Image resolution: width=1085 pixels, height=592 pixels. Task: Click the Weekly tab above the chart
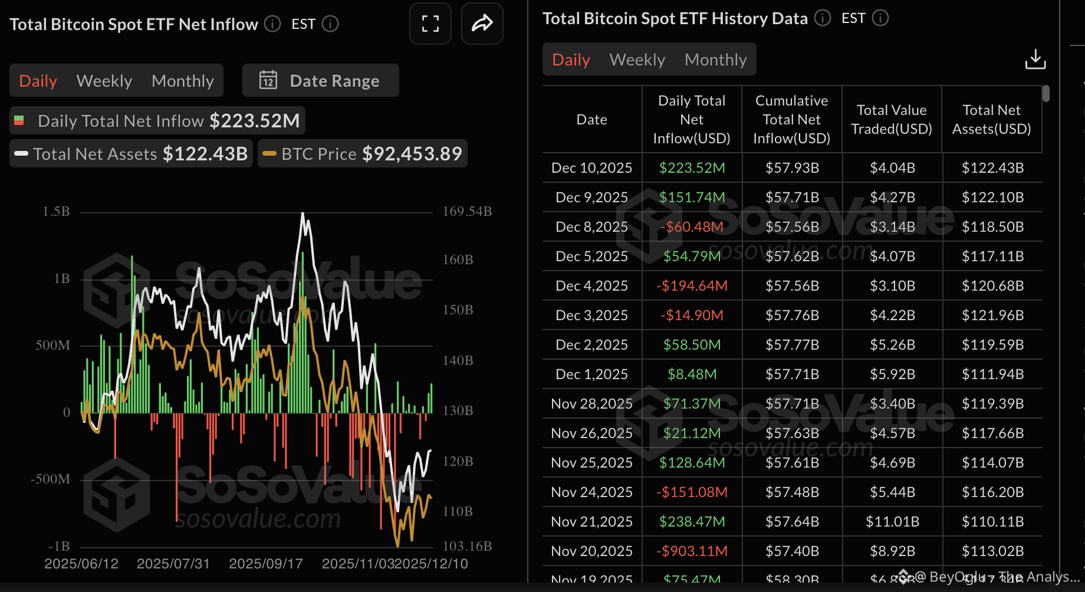[x=104, y=81]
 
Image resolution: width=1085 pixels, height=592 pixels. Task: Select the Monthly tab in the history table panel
[x=715, y=60]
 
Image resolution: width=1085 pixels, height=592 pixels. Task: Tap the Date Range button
[x=321, y=81]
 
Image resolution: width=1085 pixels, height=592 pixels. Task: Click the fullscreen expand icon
[x=430, y=24]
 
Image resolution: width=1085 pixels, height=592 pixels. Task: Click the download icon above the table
[x=1035, y=59]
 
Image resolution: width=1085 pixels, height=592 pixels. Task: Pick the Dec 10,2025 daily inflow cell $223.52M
[x=692, y=168]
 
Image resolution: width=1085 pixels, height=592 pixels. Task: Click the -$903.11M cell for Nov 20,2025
[x=692, y=551]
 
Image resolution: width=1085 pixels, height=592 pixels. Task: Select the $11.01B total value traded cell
[x=892, y=522]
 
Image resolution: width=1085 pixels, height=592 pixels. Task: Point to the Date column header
[x=591, y=120]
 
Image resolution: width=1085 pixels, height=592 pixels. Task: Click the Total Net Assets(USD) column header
[x=991, y=120]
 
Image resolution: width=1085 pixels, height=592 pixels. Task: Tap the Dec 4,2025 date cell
[x=591, y=286]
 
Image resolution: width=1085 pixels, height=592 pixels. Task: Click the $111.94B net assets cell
[x=992, y=374]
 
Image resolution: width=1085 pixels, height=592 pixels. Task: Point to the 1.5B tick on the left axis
[x=56, y=212]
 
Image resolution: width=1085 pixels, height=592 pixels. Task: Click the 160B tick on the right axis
[x=458, y=260]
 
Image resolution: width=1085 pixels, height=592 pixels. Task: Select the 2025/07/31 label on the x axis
[x=173, y=564]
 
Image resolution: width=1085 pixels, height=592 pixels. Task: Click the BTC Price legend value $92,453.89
[x=412, y=154]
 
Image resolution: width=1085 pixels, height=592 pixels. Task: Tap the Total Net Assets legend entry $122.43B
[x=205, y=154]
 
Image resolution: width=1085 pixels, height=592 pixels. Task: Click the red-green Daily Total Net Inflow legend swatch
[x=19, y=121]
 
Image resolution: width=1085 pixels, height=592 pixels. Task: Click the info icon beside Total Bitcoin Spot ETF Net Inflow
[x=272, y=24]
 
